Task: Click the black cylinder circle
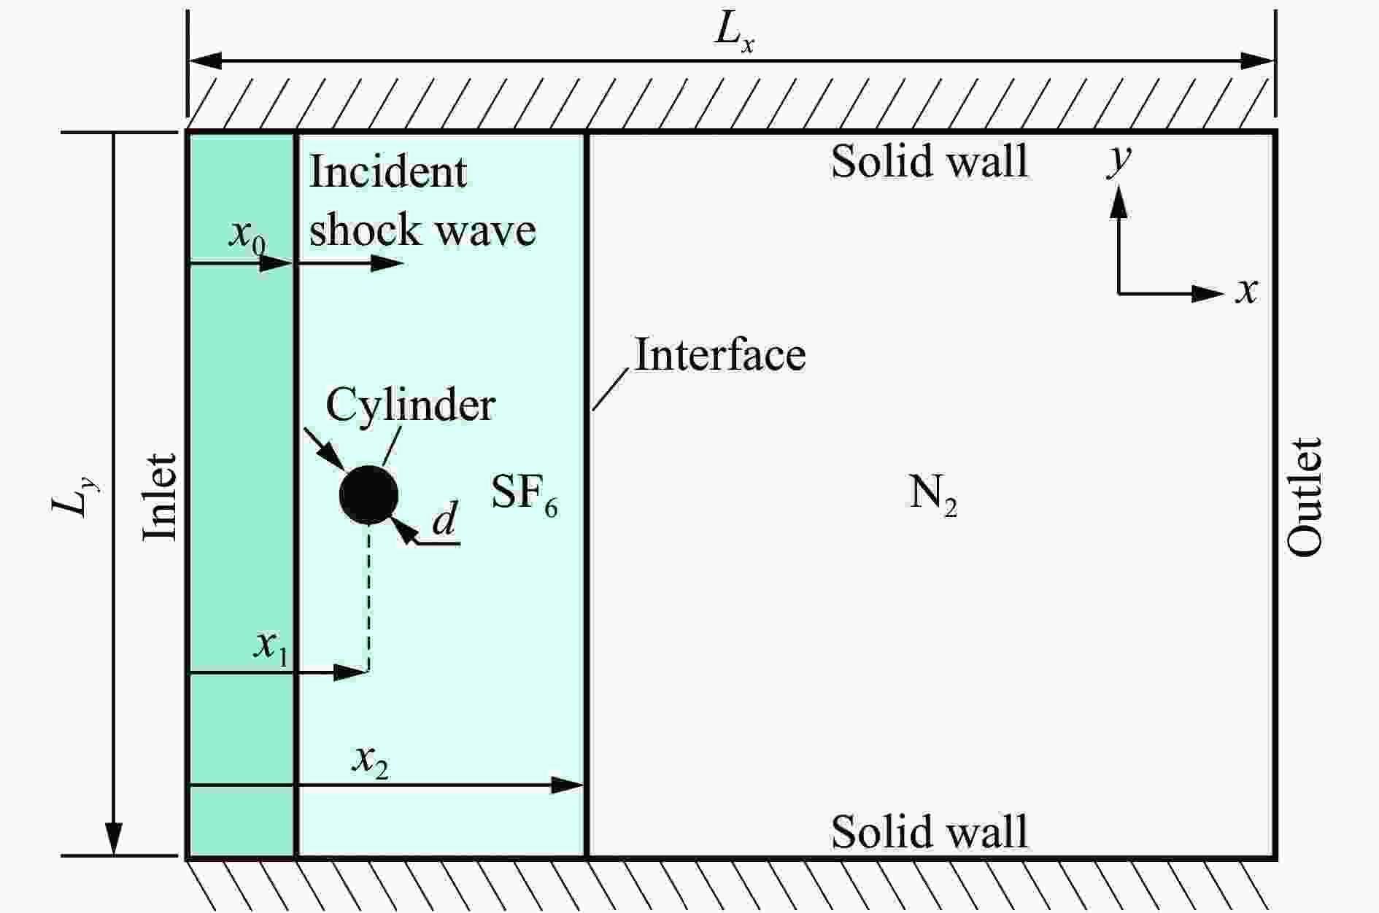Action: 368,495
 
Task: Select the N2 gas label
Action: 932,495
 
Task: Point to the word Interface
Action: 719,355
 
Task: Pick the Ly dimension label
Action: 75,496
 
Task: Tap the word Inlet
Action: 160,497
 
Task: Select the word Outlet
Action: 1303,497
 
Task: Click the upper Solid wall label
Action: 929,161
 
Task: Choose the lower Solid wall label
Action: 929,831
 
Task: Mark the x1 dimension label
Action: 271,647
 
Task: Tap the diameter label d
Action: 444,521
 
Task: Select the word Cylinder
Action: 410,405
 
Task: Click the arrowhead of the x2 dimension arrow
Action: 569,785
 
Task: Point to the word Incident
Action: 388,173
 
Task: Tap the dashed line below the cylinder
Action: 368,598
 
